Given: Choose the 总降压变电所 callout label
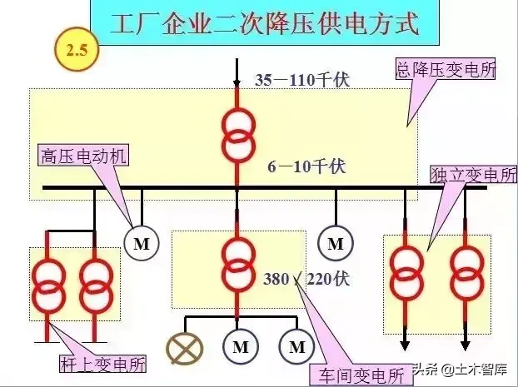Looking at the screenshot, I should pyautogui.click(x=446, y=70).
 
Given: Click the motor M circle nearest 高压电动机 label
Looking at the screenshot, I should pyautogui.click(x=141, y=243).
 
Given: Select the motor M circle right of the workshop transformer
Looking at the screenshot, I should pyautogui.click(x=336, y=244).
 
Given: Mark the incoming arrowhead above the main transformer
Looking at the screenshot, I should pyautogui.click(x=238, y=82).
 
